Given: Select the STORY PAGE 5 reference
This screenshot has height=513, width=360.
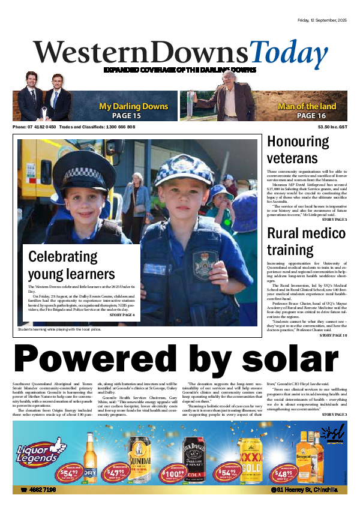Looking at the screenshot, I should (334, 220).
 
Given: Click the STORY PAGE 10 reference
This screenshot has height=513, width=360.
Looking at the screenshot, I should (333, 335).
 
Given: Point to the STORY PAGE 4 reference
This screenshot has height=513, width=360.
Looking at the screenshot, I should (122, 315).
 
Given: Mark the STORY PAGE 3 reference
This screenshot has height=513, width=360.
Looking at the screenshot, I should (334, 415).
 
